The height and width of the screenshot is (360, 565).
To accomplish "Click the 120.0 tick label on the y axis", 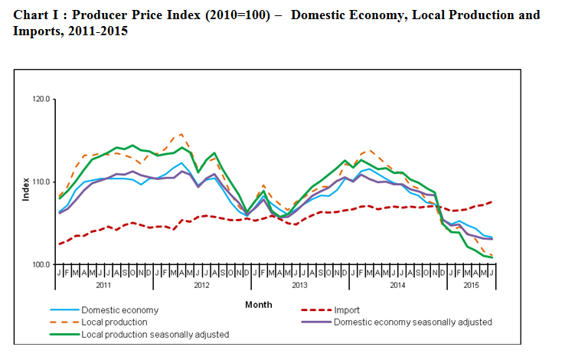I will click(41, 100).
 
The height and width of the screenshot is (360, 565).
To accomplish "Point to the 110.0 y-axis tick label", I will click(41, 182).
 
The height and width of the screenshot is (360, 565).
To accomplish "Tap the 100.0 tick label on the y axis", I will click(41, 265).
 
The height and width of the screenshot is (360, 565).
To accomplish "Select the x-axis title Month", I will click(258, 305).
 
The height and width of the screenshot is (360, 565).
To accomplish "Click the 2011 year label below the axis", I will click(105, 284).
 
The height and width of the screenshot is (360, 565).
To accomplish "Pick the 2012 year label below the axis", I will click(202, 284).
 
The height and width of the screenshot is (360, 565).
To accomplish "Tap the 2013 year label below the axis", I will click(299, 284).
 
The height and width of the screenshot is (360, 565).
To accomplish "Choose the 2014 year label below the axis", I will click(397, 284).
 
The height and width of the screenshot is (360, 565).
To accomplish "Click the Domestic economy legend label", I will click(119, 310).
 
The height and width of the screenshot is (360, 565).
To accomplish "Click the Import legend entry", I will click(347, 310).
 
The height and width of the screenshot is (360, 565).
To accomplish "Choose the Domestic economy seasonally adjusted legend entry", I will click(413, 322).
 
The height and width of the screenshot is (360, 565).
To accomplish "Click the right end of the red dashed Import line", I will click(491, 201).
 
